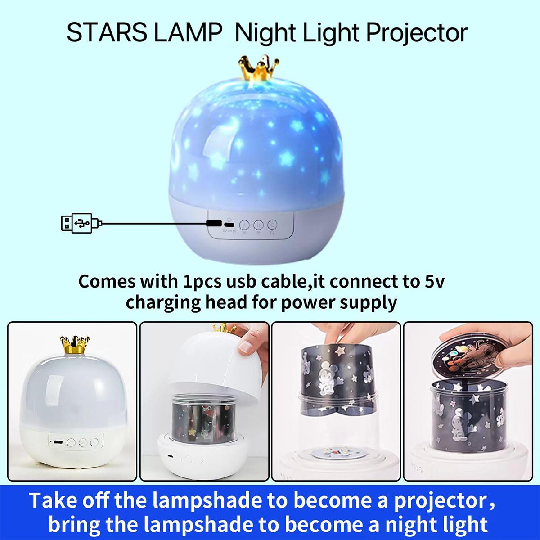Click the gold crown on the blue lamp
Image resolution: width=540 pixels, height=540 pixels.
coord(259,70)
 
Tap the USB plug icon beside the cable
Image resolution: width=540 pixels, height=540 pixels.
coord(79,223)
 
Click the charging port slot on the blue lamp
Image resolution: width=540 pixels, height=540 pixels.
coord(229,225)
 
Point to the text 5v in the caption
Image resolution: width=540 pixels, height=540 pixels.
coord(435,282)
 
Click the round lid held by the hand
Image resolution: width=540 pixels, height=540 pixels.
coord(471,355)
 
